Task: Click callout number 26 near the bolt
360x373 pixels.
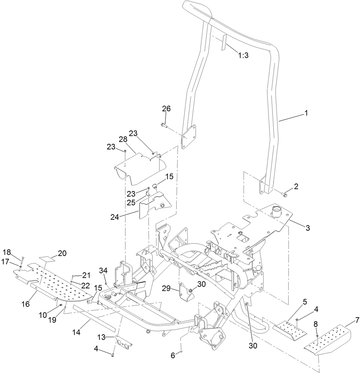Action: (166, 109)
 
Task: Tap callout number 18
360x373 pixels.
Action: (7, 252)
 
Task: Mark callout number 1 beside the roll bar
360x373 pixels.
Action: (306, 113)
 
